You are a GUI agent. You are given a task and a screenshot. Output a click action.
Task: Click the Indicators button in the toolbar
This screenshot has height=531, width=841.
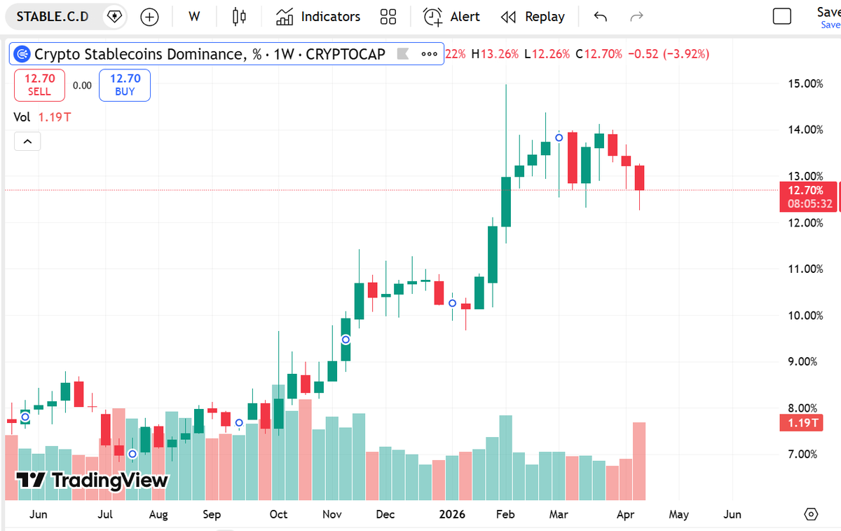318,17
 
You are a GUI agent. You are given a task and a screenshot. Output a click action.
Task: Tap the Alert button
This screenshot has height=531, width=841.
452,17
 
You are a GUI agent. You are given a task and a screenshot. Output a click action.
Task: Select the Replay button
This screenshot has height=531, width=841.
533,17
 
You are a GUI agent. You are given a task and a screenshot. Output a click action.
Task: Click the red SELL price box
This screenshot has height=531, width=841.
39,84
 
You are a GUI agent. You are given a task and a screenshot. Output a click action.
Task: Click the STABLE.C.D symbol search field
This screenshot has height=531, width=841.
53,17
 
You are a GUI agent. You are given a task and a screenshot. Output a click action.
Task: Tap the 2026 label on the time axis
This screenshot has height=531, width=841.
451,514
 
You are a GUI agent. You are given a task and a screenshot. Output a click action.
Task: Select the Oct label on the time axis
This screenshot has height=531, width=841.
278,514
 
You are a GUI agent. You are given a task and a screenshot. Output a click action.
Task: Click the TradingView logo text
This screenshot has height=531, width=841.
93,480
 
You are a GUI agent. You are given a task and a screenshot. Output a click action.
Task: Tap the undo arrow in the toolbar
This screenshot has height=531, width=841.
600,17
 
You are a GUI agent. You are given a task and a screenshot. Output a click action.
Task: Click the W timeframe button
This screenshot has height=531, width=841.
194,17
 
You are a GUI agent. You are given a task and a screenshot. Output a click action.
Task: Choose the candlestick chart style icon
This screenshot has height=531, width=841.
240,17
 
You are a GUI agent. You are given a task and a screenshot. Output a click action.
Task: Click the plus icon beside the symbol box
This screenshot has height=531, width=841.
149,17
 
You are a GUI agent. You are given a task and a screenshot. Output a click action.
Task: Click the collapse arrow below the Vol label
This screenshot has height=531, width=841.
27,142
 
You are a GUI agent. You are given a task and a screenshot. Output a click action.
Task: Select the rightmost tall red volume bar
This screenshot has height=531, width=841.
639,461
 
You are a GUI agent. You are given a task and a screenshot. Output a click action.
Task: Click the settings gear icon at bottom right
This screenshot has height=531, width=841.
811,514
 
